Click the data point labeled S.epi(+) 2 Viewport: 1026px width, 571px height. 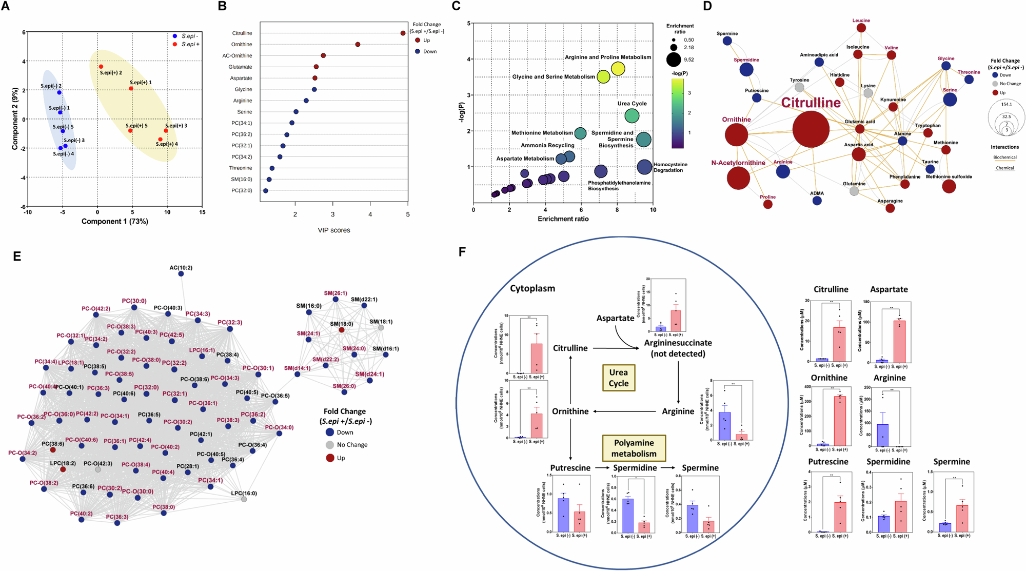[101, 67]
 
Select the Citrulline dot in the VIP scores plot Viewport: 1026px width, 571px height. [403, 33]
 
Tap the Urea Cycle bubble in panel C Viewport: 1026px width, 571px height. [632, 116]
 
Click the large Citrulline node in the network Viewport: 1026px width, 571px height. [811, 129]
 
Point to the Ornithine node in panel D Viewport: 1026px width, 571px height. [736, 135]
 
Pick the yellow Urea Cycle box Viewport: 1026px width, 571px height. [618, 378]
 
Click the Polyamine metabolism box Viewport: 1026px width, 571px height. [634, 448]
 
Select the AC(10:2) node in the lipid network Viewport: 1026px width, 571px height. [181, 274]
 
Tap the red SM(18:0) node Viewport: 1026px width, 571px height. [342, 330]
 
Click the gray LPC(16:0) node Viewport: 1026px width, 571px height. [244, 499]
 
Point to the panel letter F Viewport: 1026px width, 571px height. [462, 252]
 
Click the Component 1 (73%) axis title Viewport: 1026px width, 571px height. [114, 222]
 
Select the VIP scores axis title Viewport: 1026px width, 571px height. [334, 230]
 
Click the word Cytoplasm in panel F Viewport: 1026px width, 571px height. [532, 288]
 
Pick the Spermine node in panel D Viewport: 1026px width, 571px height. [727, 41]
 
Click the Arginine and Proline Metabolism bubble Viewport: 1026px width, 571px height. [618, 69]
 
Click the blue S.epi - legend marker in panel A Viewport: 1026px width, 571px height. [175, 36]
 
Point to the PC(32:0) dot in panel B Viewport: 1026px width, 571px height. [265, 191]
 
